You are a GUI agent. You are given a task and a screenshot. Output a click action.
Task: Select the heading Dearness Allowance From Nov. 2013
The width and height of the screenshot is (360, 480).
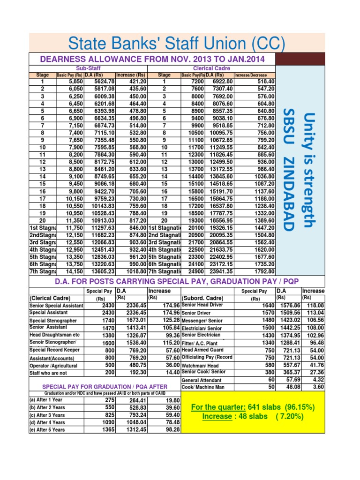[x=152, y=59]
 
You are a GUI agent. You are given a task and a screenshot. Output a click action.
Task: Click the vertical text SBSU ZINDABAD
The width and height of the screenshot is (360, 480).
[x=289, y=170]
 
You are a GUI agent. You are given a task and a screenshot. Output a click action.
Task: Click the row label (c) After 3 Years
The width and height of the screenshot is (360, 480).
[x=47, y=415]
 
